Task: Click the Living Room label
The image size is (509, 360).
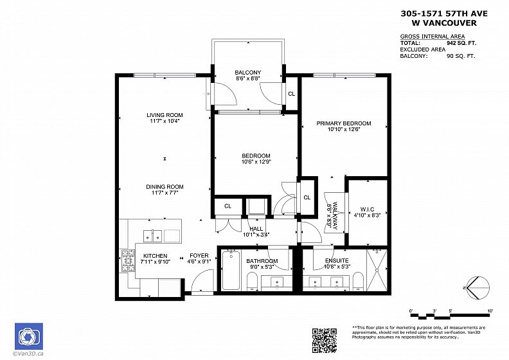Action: (x=165, y=115)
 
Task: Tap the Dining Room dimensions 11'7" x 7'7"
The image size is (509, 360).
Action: (x=165, y=193)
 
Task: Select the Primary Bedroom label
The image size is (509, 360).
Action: (x=344, y=123)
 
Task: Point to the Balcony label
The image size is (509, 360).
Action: (x=247, y=73)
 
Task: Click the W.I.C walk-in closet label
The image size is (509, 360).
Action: (x=367, y=210)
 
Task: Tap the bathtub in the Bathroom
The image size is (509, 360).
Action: (x=231, y=270)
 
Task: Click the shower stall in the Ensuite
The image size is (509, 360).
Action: (x=377, y=270)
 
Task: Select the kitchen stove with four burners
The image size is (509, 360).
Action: (x=129, y=260)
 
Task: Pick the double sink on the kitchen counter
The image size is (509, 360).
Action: (x=152, y=235)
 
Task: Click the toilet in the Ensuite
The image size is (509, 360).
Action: (x=358, y=281)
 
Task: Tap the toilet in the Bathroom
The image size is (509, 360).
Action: (x=252, y=281)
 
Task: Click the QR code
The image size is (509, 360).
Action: (x=325, y=341)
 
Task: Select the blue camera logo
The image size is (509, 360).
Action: (x=29, y=336)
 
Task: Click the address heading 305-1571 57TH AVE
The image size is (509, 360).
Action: (x=443, y=14)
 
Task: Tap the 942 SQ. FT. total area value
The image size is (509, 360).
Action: (x=461, y=43)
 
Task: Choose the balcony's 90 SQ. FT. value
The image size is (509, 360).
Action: (x=461, y=56)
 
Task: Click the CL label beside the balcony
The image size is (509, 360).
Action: (x=292, y=94)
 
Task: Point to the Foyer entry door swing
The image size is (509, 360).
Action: (x=202, y=281)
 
